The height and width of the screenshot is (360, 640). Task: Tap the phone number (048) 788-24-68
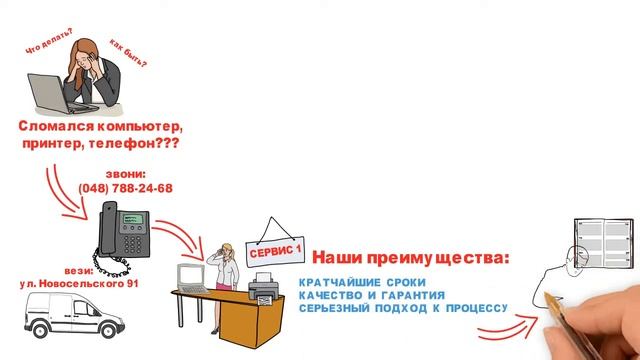coord(125,188)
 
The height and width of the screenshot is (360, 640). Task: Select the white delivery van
coord(71,324)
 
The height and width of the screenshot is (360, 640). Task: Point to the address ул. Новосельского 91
coord(80,285)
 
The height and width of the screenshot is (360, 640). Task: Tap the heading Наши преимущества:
coord(411,258)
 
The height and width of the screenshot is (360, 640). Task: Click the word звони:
coord(125,173)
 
